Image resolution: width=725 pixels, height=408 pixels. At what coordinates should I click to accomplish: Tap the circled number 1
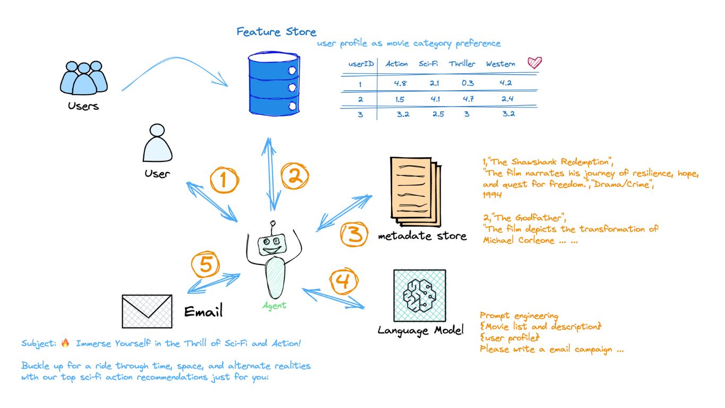(x=225, y=181)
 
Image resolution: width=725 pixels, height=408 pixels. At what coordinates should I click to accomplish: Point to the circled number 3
(x=354, y=234)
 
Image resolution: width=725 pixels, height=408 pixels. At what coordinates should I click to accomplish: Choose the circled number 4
(x=343, y=281)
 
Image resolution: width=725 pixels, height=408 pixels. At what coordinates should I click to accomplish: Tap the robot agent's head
(x=272, y=245)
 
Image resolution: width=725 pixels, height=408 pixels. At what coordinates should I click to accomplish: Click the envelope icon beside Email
(x=147, y=311)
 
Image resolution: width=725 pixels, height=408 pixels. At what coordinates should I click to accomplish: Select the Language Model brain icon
(x=419, y=295)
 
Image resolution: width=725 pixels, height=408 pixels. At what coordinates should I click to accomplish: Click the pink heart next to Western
(x=534, y=63)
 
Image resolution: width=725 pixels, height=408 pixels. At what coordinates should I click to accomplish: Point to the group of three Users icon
(x=84, y=78)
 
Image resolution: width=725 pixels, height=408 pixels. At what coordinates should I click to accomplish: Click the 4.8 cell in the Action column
(x=401, y=83)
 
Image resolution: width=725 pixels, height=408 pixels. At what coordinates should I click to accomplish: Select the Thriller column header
(x=462, y=64)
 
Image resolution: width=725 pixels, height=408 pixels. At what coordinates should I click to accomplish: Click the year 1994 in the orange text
(x=493, y=194)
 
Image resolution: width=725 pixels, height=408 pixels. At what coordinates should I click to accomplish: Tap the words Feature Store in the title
(x=276, y=31)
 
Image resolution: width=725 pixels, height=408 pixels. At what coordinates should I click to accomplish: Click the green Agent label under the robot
(x=274, y=305)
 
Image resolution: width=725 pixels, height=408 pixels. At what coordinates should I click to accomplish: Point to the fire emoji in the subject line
(x=65, y=343)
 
